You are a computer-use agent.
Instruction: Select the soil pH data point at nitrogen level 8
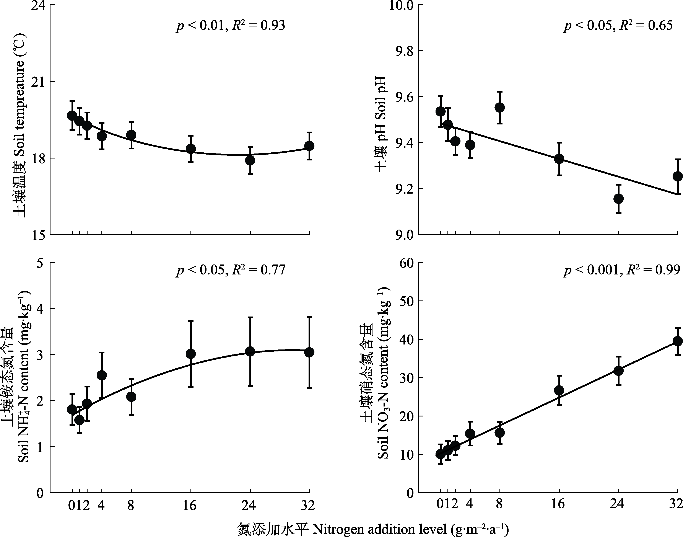[x=499, y=108]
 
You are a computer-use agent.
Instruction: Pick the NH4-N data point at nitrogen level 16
[x=191, y=354]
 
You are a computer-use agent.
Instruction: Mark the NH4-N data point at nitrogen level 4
[x=101, y=375]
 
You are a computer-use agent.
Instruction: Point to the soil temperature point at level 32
[x=309, y=146]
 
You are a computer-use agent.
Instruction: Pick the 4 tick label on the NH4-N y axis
[x=40, y=309]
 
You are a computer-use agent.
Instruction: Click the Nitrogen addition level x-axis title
[x=374, y=529]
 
